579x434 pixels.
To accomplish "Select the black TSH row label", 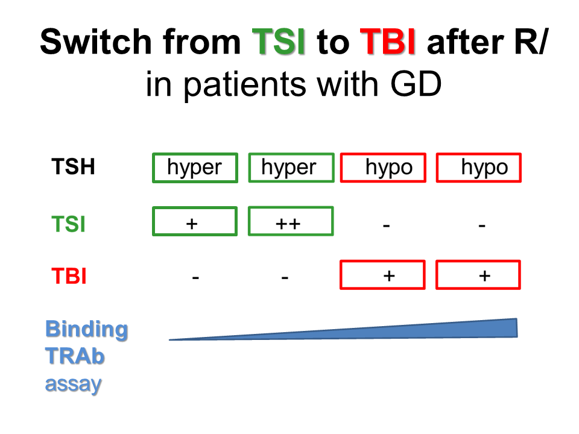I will (72, 167).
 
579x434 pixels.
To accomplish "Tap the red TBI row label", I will (68, 277).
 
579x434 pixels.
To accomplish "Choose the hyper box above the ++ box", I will (291, 168).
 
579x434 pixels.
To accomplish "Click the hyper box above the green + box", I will (195, 168).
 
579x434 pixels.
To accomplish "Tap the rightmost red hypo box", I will (479, 168).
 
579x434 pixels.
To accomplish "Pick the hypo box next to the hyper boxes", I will (384, 168).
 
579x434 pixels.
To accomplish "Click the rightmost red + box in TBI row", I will (478, 275).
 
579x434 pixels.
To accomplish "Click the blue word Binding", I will (87, 329).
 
